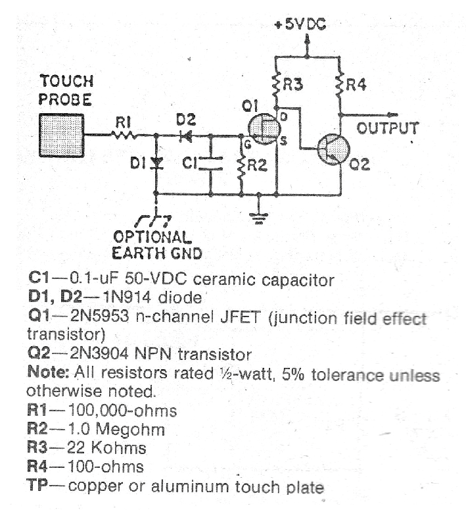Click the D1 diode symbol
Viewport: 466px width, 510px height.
[156, 163]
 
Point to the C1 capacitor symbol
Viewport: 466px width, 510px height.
[210, 163]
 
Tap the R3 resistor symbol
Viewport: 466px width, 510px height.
[277, 84]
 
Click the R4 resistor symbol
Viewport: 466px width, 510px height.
[340, 84]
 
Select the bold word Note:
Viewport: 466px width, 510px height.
[45, 371]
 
